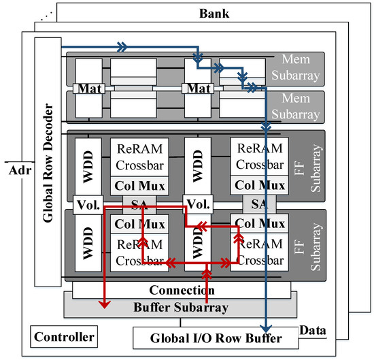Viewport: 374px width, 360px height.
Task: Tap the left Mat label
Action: (90, 88)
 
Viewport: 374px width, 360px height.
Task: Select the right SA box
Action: (258, 203)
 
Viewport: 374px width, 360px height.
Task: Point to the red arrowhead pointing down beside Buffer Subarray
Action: (103, 304)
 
